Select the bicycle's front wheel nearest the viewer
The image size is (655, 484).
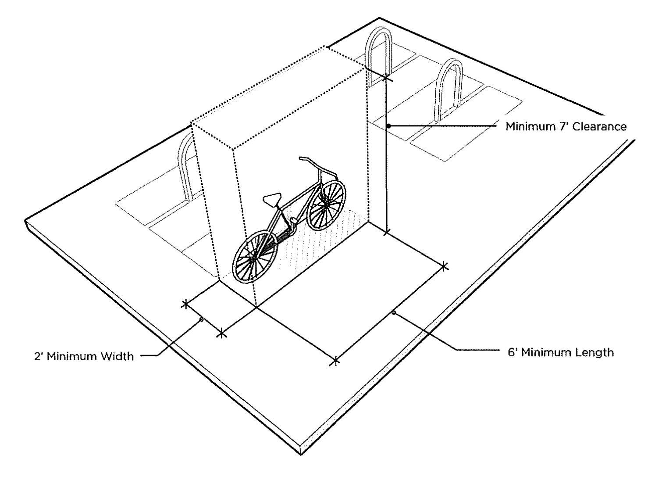255,256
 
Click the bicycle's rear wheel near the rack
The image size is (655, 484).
326,204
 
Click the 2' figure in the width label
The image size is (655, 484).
39,357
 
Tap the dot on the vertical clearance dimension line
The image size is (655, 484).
388,126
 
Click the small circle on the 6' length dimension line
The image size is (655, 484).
394,312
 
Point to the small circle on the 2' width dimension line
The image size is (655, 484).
202,319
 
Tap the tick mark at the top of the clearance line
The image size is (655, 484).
386,77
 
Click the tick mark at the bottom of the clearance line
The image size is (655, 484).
386,233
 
